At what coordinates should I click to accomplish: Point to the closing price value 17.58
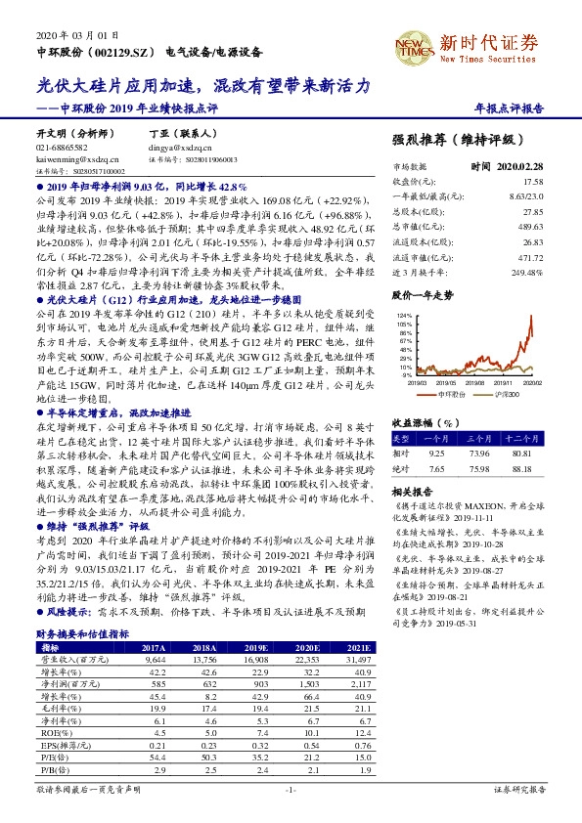[533, 182]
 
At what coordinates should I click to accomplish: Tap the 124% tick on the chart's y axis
[403, 316]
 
